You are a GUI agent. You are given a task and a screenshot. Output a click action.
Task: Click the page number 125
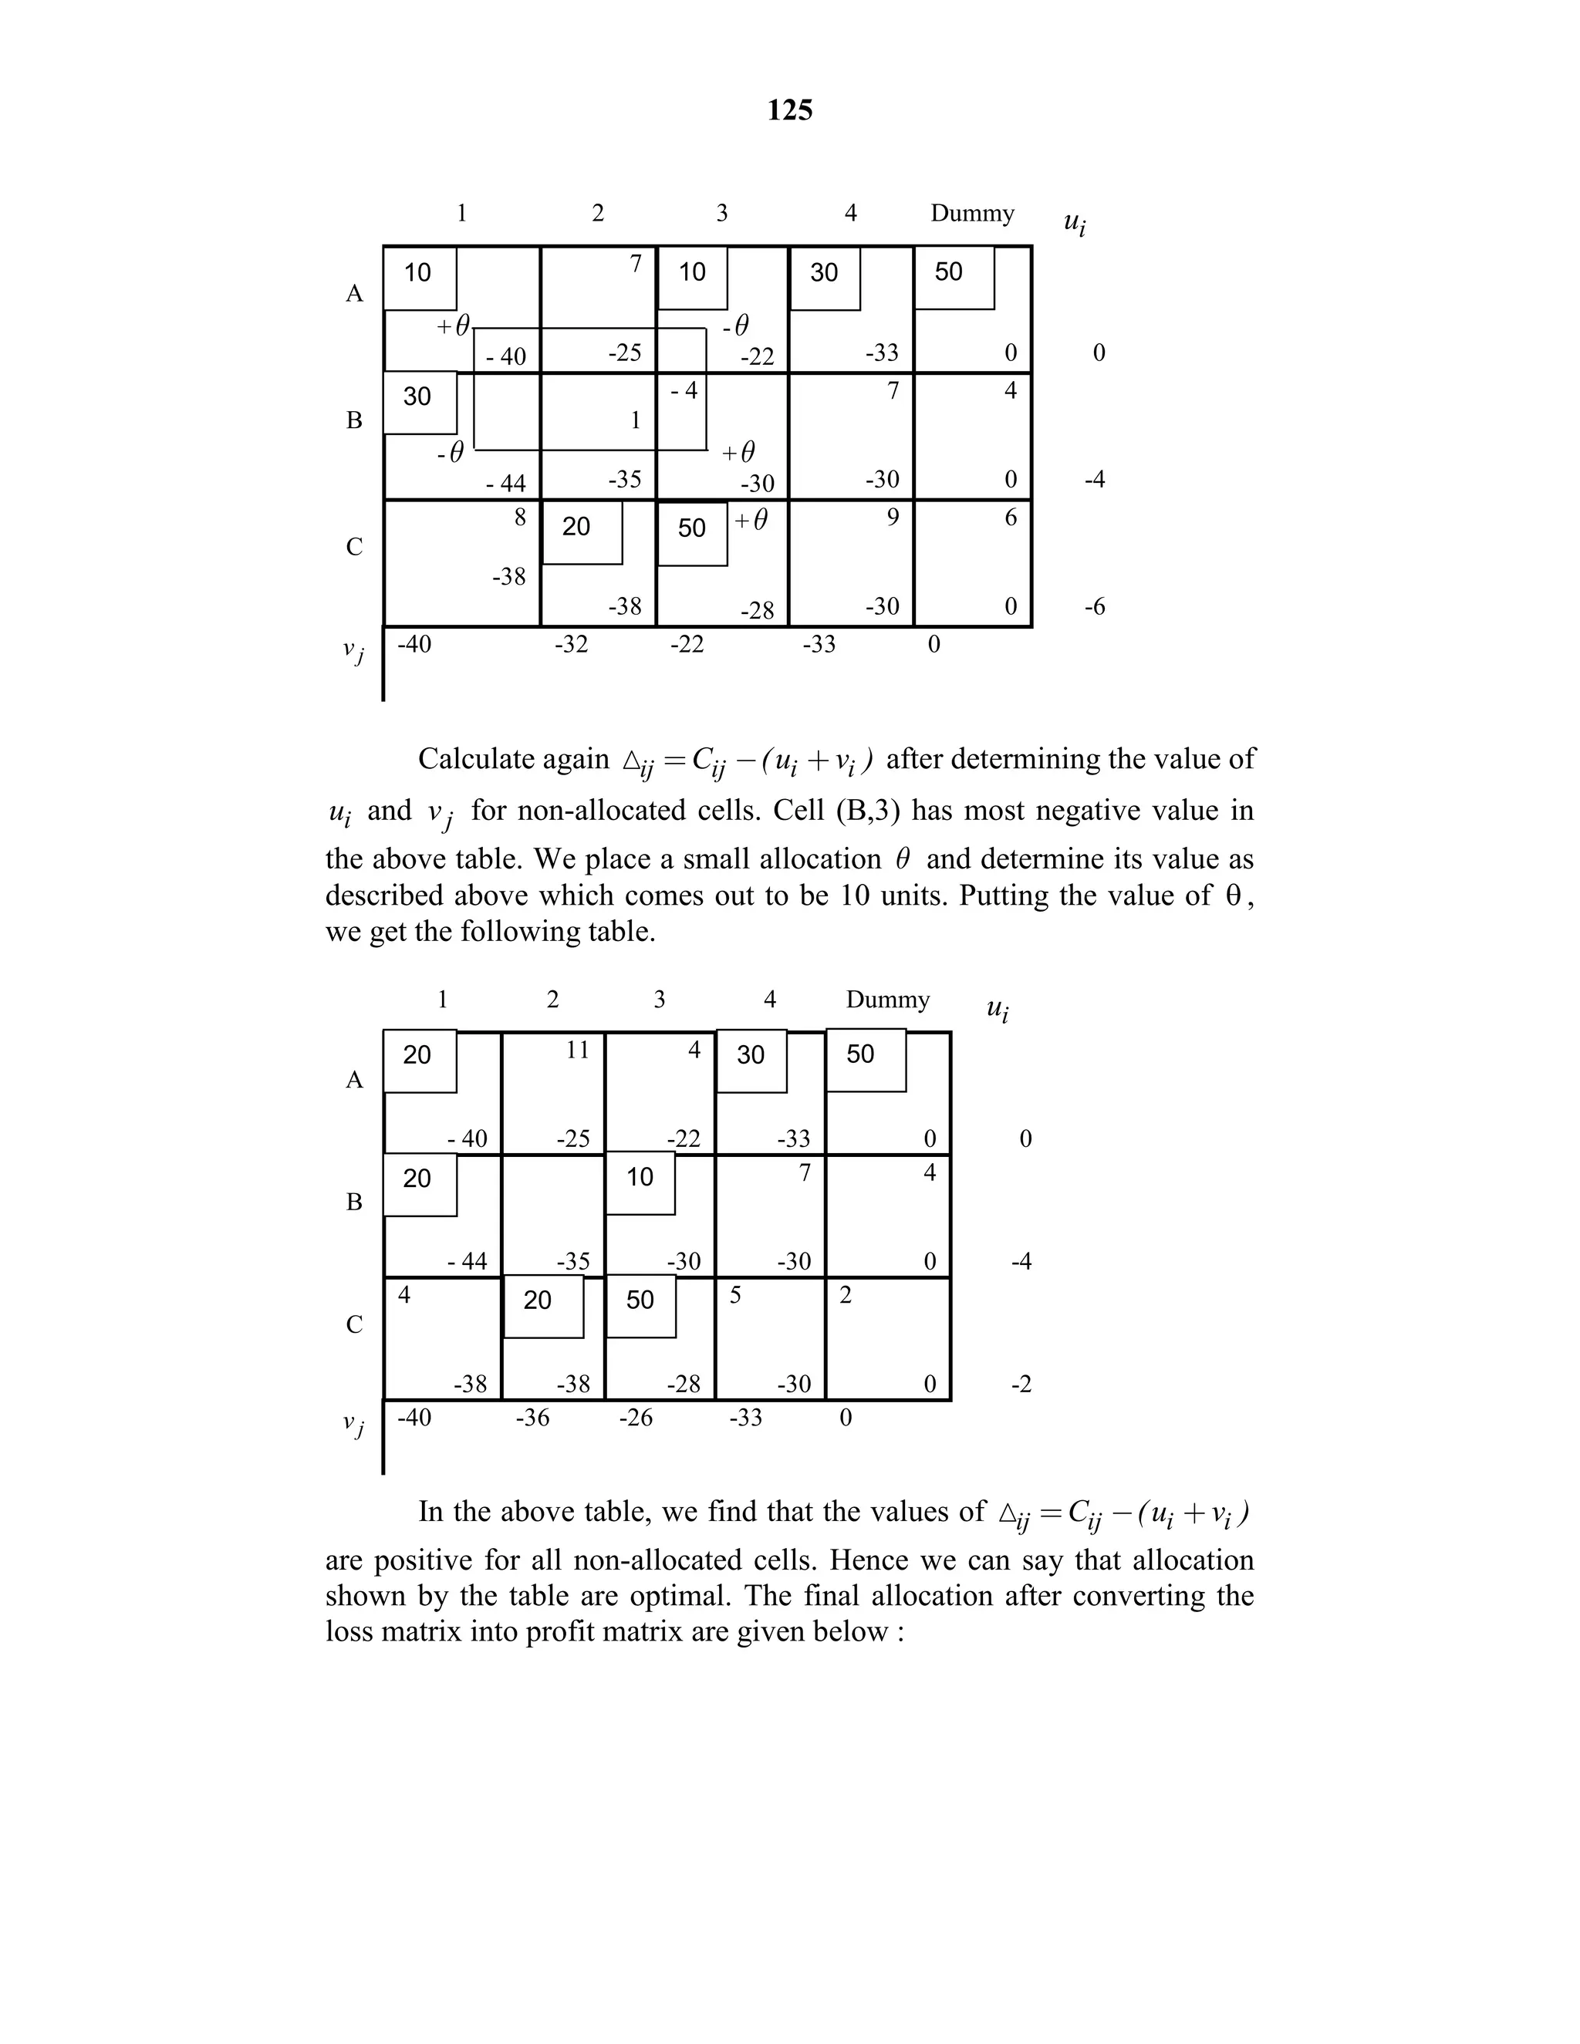[789, 110]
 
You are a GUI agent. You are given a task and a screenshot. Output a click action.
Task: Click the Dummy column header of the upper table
[971, 214]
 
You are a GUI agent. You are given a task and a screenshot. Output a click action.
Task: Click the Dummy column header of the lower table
[887, 1000]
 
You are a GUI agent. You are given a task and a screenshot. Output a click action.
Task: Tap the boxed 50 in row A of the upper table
[949, 272]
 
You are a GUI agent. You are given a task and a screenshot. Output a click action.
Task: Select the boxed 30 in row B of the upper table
[417, 396]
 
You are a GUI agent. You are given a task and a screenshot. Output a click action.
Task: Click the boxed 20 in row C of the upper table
[576, 528]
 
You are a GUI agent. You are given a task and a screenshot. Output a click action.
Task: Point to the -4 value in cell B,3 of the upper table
[684, 391]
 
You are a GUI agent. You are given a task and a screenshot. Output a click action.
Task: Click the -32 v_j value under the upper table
[571, 644]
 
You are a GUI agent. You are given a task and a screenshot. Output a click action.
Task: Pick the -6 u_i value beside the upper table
[1094, 606]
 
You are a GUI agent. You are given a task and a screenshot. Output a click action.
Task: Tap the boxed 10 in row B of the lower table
[640, 1177]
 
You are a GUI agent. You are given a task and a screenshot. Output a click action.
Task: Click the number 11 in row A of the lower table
[578, 1050]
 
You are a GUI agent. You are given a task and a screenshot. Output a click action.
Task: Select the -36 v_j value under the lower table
[532, 1418]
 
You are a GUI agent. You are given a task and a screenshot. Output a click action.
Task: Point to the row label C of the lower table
[354, 1324]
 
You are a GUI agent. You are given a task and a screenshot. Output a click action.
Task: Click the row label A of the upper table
[354, 294]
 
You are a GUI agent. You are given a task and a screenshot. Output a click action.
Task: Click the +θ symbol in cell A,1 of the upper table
[453, 326]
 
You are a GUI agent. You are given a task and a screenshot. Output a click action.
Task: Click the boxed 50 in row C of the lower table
[640, 1300]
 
